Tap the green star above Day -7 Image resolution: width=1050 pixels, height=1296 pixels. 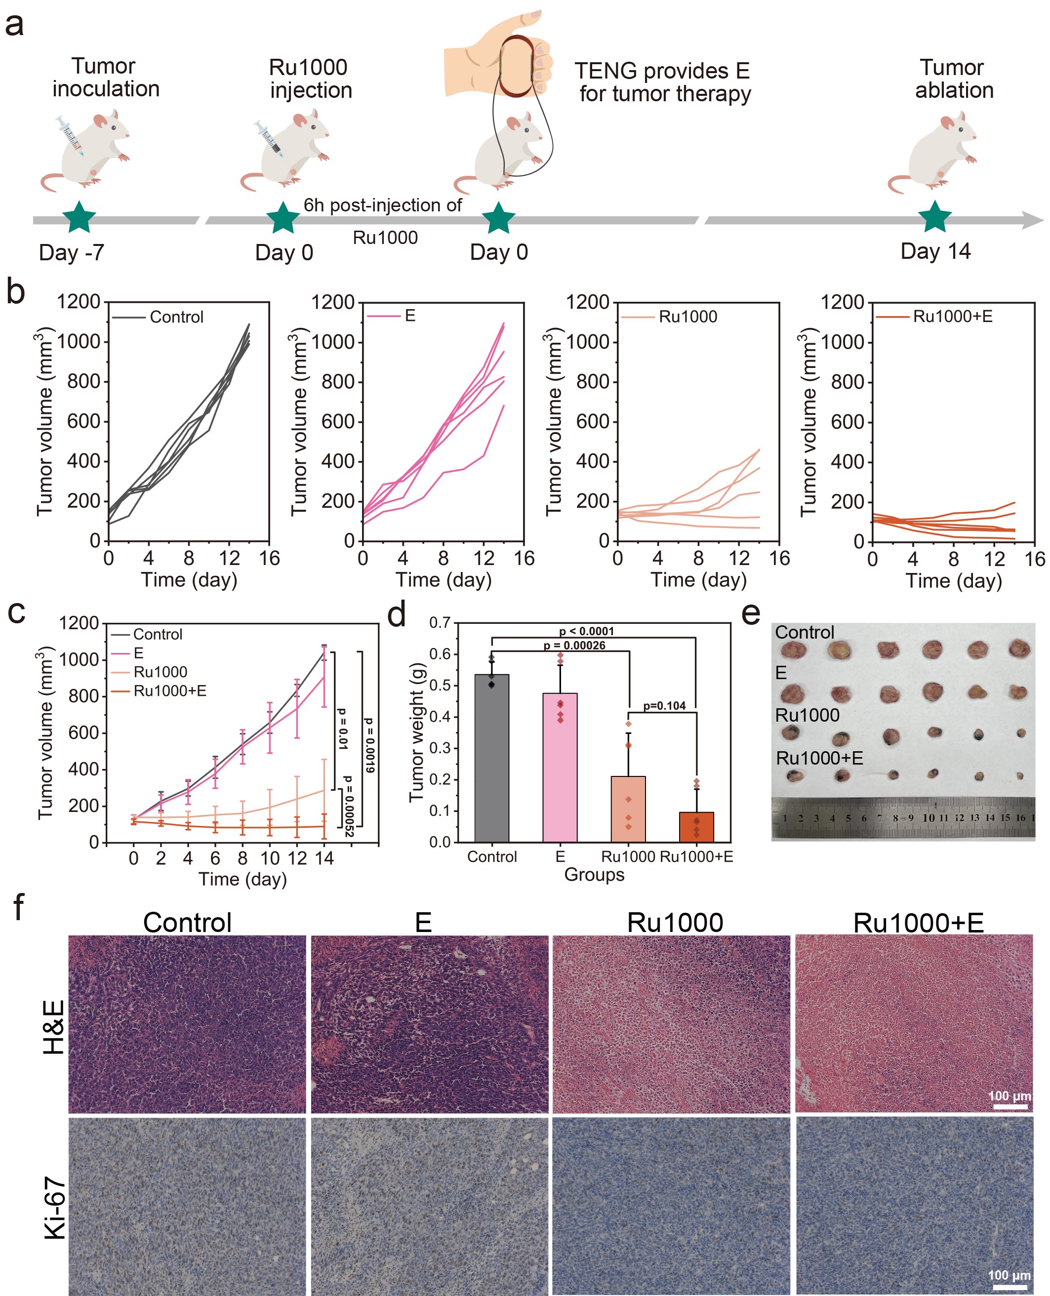click(x=79, y=217)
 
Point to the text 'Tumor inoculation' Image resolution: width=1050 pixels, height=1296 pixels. click(x=105, y=78)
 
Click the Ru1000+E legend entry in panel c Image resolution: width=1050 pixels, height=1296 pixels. click(x=169, y=690)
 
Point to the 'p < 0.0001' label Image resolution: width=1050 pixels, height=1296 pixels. click(x=586, y=631)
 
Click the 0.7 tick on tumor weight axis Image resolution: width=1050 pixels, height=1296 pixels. click(x=440, y=623)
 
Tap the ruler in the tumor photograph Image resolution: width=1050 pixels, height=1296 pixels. click(x=902, y=817)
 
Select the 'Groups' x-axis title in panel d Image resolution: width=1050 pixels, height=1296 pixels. click(x=594, y=875)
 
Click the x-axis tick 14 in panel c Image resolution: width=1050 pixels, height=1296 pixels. click(x=324, y=858)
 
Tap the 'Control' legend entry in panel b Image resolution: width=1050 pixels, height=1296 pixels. click(x=176, y=317)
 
